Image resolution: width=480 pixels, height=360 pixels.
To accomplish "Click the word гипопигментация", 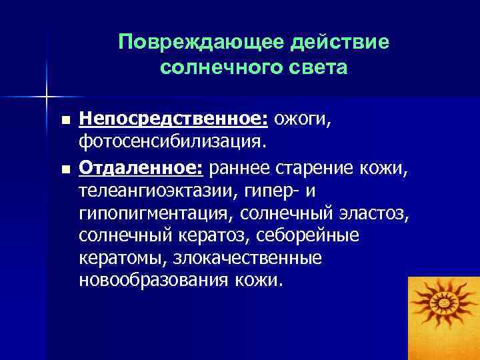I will (159, 212).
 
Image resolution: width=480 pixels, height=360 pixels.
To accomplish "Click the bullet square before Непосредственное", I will (64, 121).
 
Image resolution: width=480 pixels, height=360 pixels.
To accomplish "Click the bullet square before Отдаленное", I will (64, 167).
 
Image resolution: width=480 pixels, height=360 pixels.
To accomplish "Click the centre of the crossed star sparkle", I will (47, 95).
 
